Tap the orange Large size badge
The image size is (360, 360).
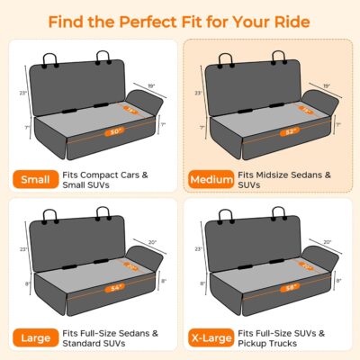[x=32, y=338]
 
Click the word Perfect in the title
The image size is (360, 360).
[x=153, y=21]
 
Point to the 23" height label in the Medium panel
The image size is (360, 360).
[x=196, y=92]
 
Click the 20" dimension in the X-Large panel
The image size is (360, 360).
[x=328, y=242]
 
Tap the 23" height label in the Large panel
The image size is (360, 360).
[x=18, y=249]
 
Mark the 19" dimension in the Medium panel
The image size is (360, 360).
[x=328, y=85]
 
